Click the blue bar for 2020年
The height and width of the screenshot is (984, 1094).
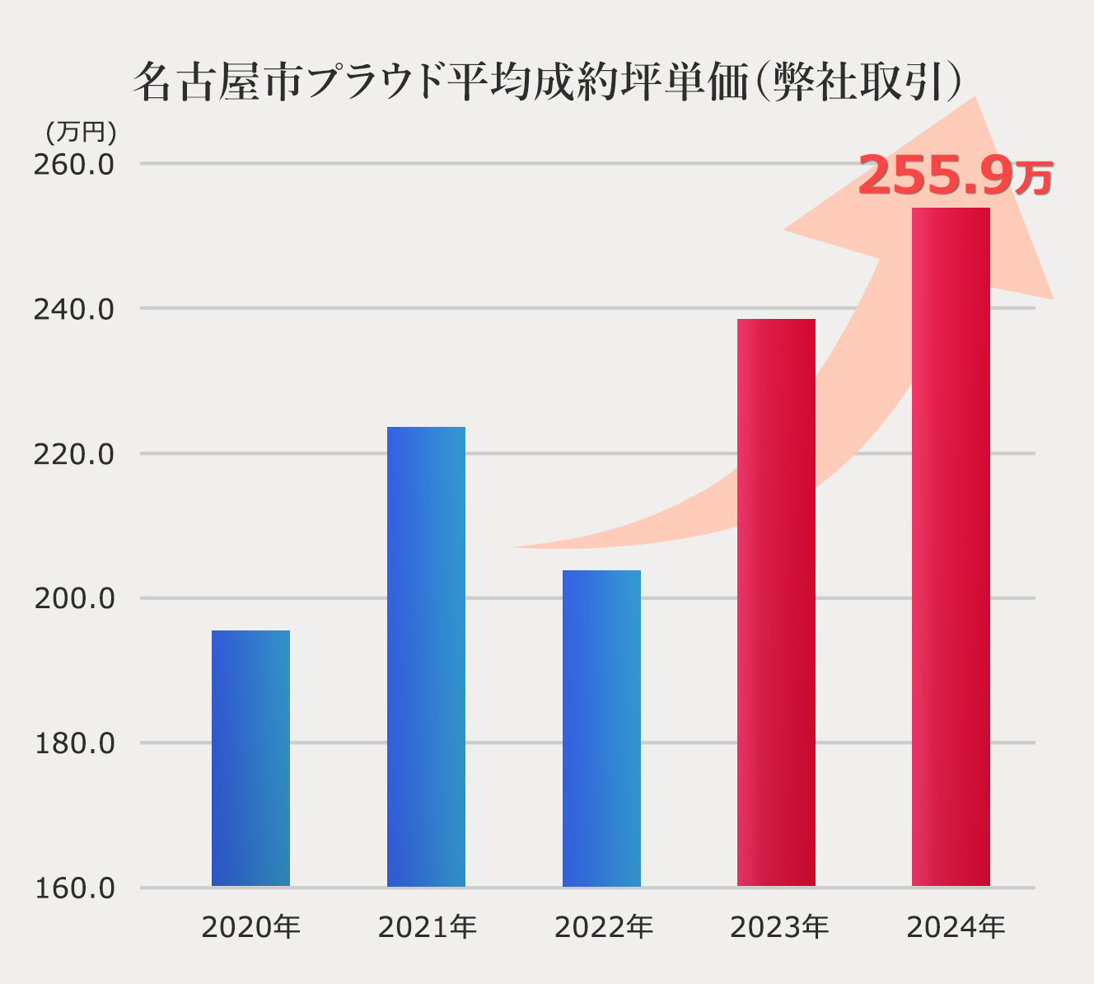[x=250, y=758]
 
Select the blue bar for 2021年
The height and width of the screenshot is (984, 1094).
[x=426, y=657]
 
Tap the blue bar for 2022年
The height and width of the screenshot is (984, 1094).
[x=601, y=729]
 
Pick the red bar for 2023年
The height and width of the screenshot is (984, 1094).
[x=776, y=602]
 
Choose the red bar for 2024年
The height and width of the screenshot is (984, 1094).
[x=951, y=547]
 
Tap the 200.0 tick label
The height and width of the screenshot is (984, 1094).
[x=74, y=599]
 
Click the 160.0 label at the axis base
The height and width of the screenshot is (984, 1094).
[x=74, y=889]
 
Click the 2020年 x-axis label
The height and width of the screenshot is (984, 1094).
[x=250, y=928]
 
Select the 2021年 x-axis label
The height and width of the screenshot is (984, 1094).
[x=427, y=928]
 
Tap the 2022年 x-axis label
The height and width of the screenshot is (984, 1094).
[x=603, y=928]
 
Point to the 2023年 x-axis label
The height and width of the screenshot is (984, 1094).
[x=778, y=928]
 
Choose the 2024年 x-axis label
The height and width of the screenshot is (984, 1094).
[x=955, y=928]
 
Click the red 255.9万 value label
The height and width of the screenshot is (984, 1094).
[x=955, y=176]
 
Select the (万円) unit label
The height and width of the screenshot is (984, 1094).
[x=80, y=132]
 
